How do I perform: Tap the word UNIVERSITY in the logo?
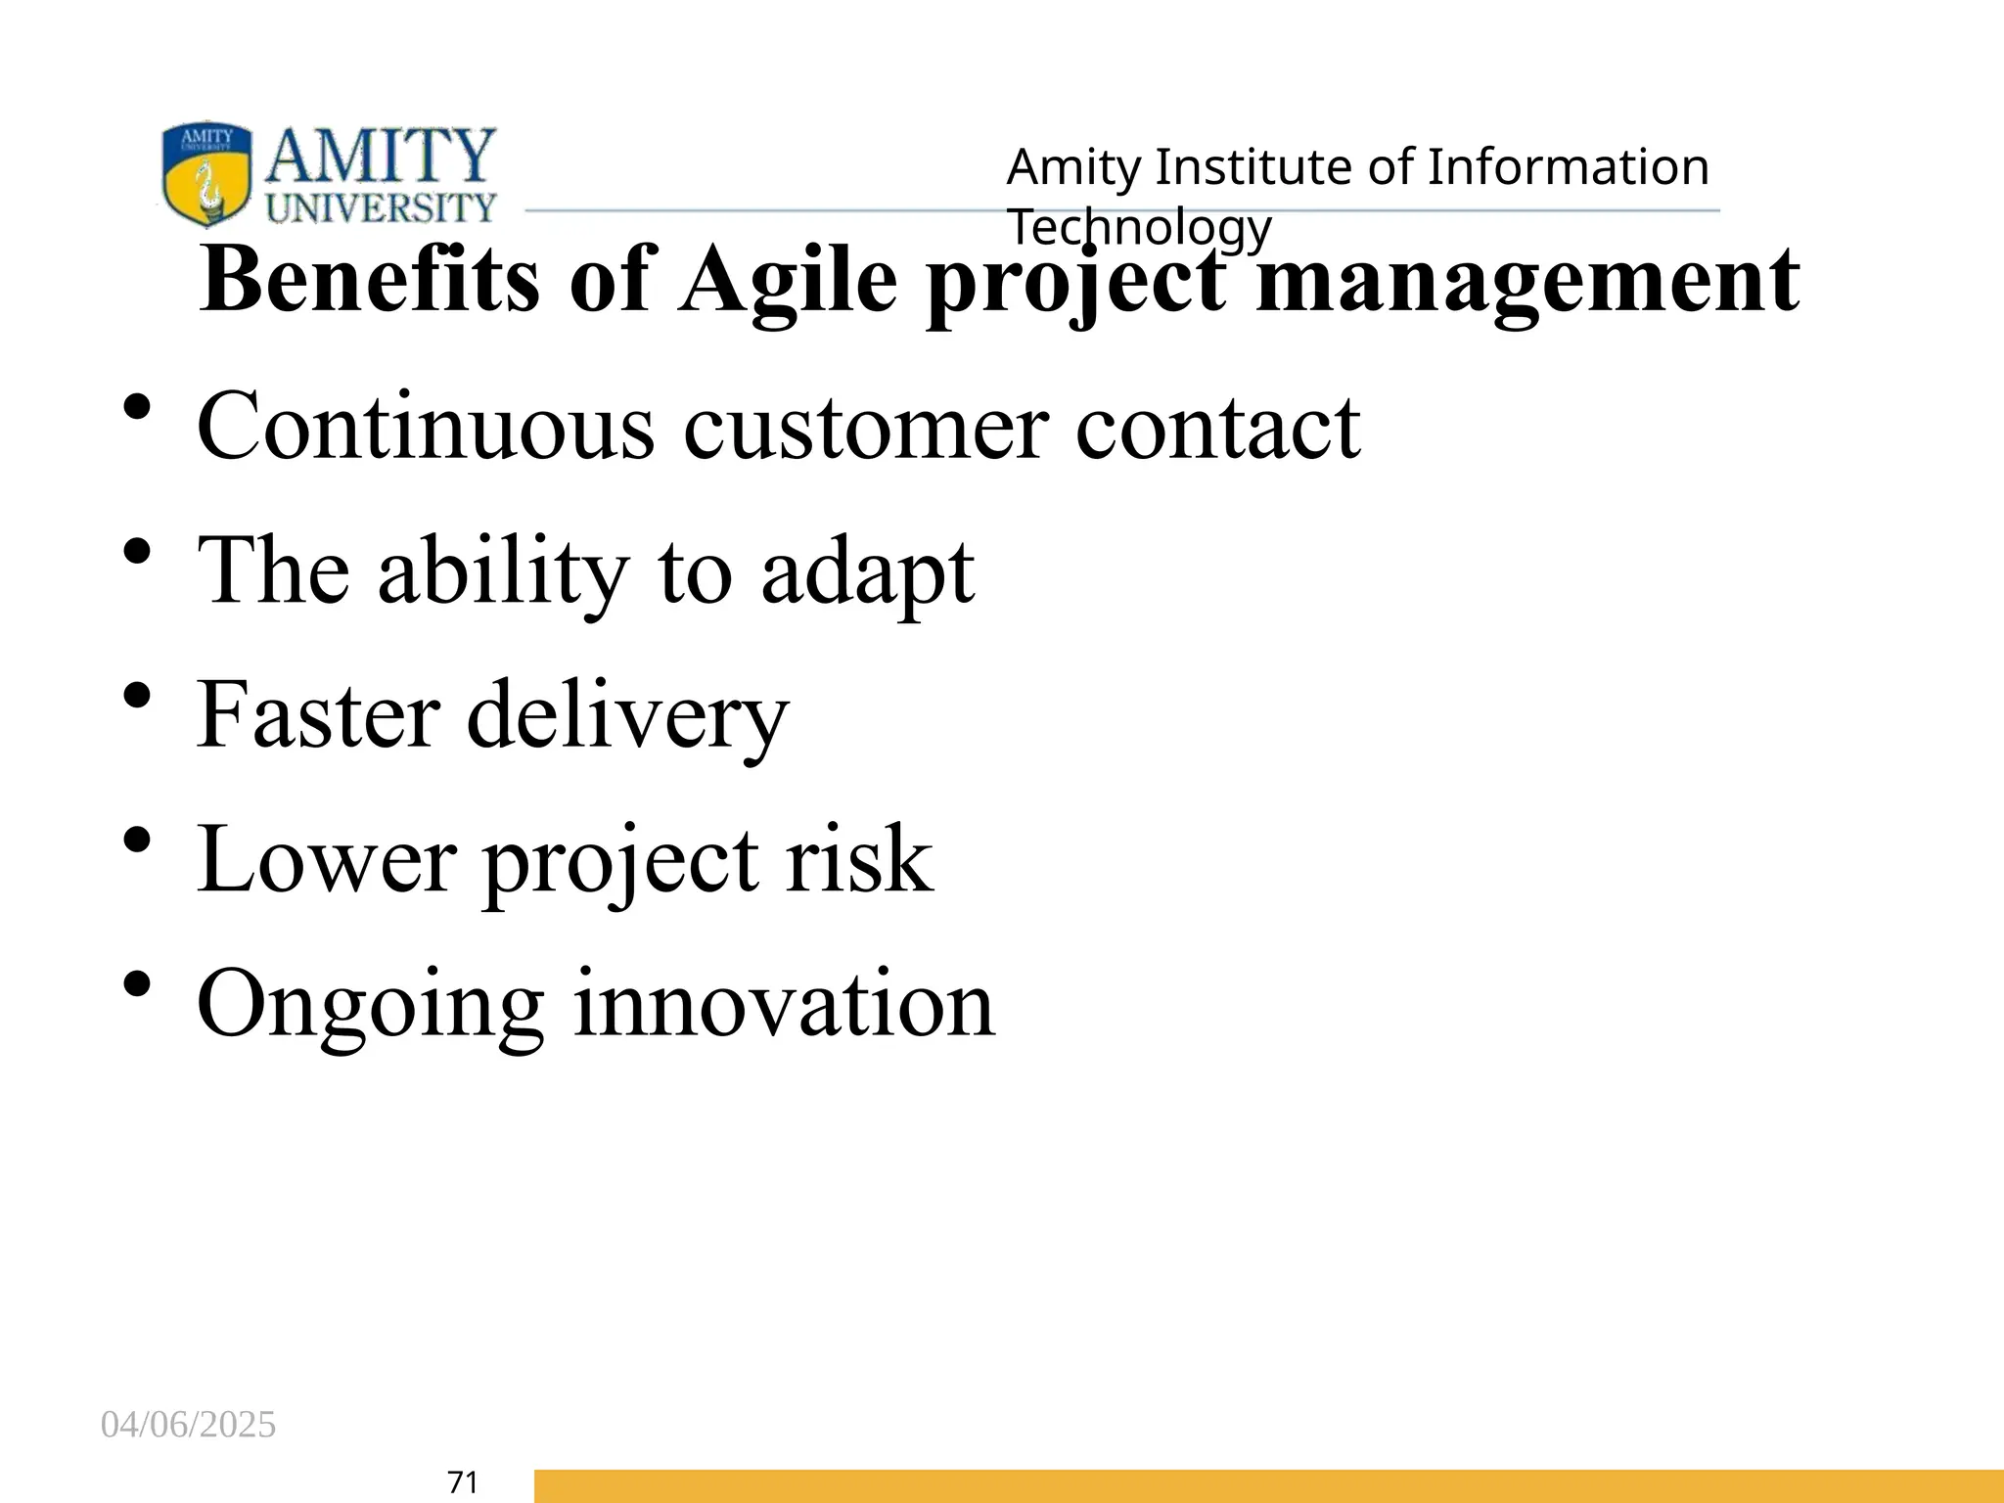click(382, 207)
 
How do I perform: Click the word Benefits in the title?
click(370, 280)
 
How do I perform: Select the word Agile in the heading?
click(789, 282)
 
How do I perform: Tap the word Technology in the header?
click(1140, 227)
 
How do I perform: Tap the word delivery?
click(627, 717)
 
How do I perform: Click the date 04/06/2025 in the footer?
click(189, 1425)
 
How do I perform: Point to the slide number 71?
click(462, 1482)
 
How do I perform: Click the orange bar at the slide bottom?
click(1268, 1485)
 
